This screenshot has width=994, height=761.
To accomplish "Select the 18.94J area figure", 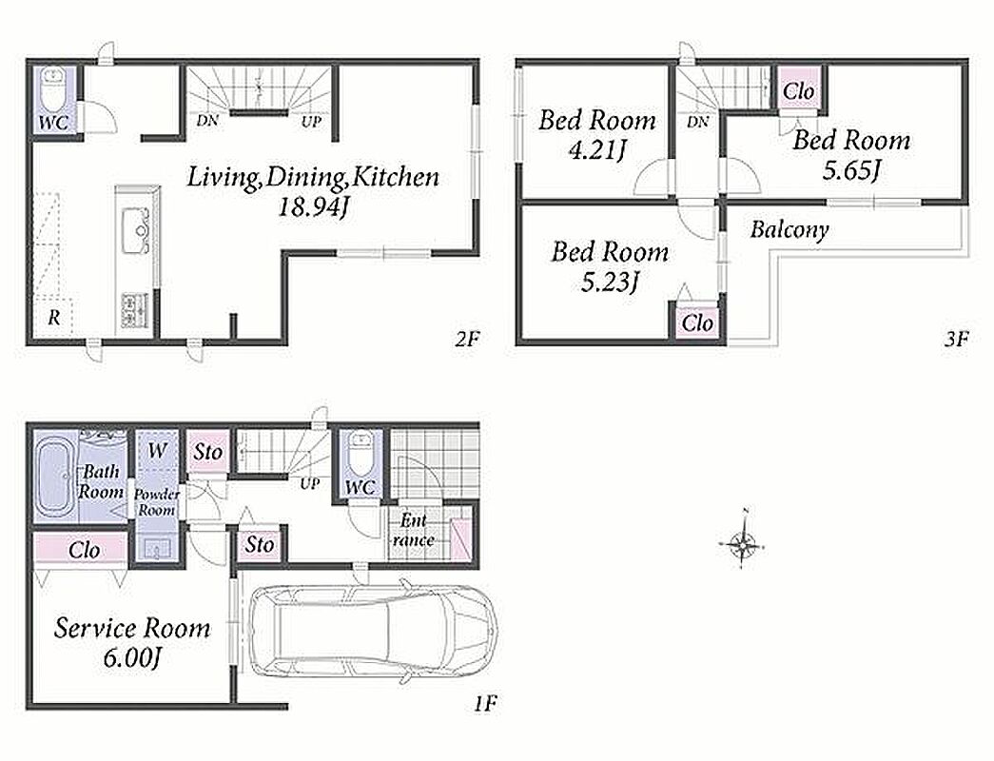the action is point(314,206).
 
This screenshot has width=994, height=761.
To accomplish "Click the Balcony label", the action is point(789,229).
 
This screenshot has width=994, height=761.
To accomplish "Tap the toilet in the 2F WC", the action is point(53,89).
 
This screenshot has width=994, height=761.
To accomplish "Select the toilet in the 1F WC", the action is point(361,453).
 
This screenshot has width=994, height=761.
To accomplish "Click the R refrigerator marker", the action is point(54,317).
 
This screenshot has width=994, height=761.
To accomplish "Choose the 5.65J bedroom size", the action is point(851,170).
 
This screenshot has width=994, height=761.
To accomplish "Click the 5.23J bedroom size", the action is point(610,283).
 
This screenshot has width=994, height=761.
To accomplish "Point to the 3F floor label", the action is point(956,340).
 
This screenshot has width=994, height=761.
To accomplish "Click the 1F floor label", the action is point(485,703).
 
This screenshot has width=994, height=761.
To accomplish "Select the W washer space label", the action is point(157,451).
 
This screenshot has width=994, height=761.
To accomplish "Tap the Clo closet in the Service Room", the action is point(84,550).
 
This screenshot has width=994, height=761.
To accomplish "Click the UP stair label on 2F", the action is point(311,121).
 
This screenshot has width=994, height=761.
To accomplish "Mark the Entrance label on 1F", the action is point(414,530).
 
